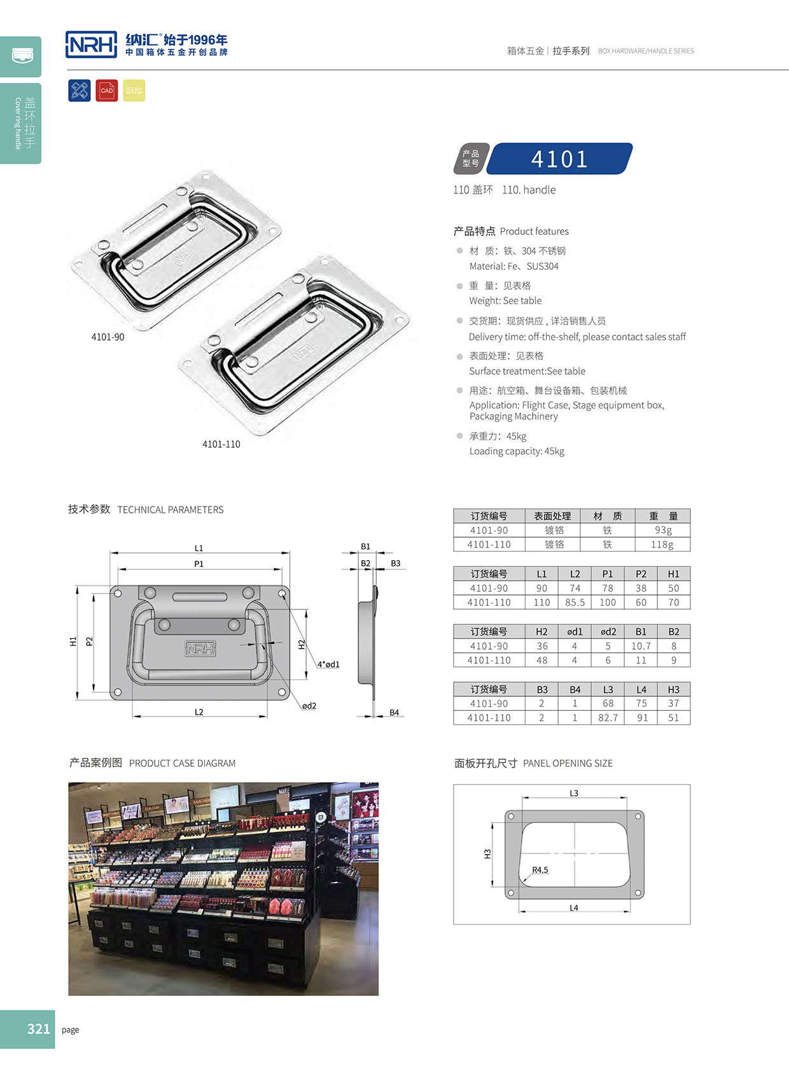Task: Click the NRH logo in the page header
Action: coord(92,45)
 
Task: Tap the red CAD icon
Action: coord(107,90)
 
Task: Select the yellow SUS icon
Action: coord(134,90)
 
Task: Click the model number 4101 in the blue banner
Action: coord(559,159)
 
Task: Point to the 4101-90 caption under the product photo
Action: coord(108,337)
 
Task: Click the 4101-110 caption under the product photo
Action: coord(221,444)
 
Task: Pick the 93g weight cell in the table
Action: coord(662,530)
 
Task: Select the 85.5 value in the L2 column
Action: coord(575,603)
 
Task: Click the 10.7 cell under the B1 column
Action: coord(641,646)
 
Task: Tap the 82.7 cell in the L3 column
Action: coord(608,718)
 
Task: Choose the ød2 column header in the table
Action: coord(608,632)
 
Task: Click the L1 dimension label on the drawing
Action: coord(199,548)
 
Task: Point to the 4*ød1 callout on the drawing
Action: coord(328,664)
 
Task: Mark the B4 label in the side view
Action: coord(394,713)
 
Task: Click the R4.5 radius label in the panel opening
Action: coord(540,870)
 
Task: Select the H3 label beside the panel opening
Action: coord(487,854)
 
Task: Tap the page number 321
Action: coord(38,1029)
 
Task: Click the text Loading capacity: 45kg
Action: coord(517,451)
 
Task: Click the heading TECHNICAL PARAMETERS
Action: coord(171,510)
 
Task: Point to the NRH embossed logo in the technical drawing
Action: coord(200,648)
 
